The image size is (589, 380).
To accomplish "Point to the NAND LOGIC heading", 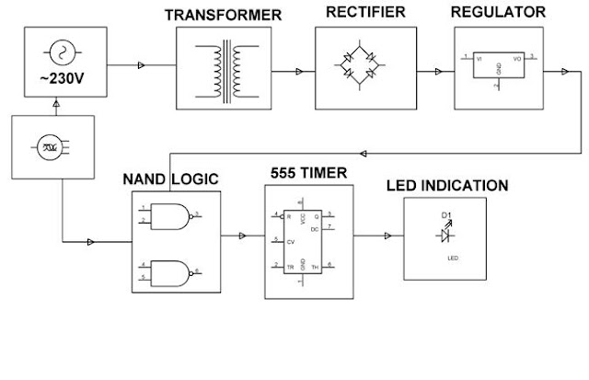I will point(170,179).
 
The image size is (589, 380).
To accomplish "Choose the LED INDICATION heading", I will point(446,186).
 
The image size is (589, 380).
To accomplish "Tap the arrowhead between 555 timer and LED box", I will point(387,237).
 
